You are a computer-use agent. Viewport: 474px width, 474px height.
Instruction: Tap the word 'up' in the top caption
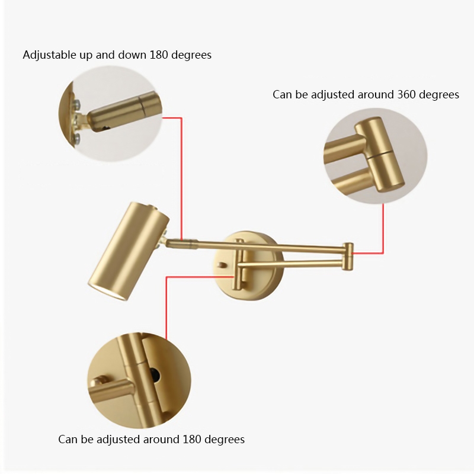86,55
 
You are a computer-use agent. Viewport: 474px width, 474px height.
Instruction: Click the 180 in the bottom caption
192,439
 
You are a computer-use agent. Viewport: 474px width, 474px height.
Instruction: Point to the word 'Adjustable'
49,55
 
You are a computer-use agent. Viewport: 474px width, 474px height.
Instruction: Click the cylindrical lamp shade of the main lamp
129,251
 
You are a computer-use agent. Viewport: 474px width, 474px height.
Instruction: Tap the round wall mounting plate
248,265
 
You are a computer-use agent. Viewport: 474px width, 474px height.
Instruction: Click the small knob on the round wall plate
222,265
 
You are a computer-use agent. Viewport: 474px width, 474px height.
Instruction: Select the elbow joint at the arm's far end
348,257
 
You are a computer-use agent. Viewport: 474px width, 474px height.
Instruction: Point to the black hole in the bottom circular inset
155,374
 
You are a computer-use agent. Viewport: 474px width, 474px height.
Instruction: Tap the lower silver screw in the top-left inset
76,138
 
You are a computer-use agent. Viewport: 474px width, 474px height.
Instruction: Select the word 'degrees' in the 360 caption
439,95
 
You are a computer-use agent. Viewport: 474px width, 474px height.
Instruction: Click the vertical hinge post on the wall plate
239,265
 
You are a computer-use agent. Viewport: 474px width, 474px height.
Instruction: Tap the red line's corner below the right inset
383,254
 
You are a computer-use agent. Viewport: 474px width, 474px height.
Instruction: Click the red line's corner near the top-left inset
181,118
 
